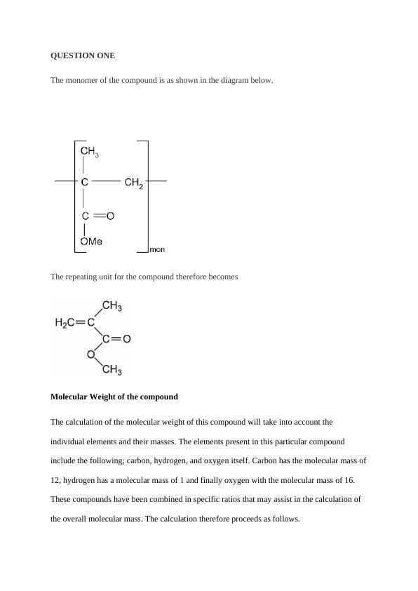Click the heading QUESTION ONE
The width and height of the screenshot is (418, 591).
coord(83,55)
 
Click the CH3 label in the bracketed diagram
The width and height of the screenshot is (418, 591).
coord(89,152)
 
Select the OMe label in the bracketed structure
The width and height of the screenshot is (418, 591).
coord(91,241)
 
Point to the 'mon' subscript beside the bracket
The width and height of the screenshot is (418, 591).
coord(157,249)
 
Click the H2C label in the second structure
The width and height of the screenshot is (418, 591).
coord(65,323)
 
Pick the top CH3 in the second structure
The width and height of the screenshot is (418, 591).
coord(112,306)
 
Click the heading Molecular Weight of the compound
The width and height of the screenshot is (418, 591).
coord(114,397)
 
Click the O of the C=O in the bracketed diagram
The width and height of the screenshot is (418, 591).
coord(110,217)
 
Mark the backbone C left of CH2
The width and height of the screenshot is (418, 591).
coord(85,182)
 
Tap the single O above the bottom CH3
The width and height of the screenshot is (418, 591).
coord(90,355)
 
